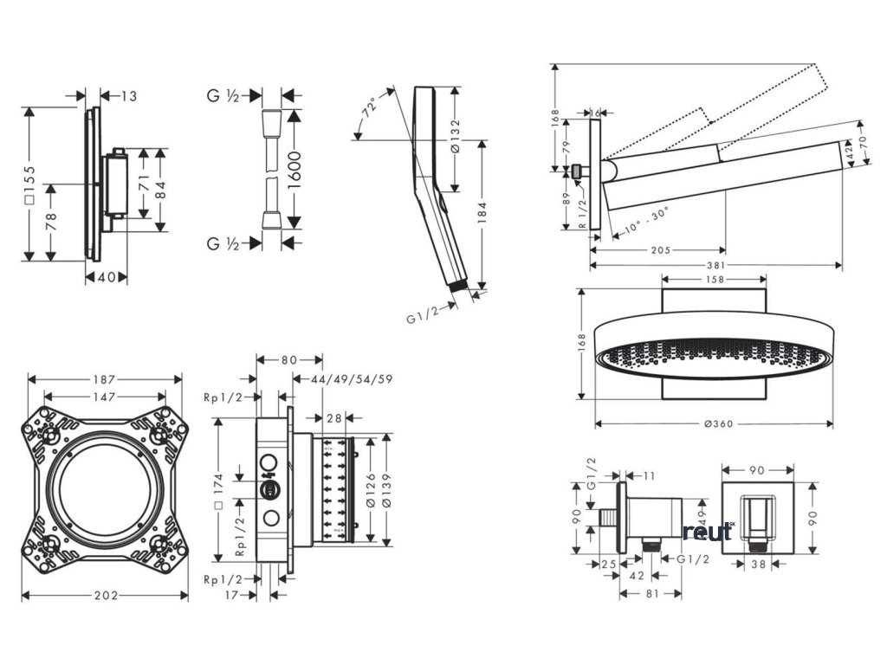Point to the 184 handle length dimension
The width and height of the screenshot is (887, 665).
(x=482, y=212)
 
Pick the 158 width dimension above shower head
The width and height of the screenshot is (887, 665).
(x=715, y=280)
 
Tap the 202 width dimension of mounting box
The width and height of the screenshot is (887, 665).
(x=106, y=596)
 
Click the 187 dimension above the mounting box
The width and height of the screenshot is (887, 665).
(x=106, y=379)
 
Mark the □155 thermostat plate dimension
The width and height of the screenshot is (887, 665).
(x=29, y=184)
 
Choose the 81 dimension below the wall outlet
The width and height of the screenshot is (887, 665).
(x=652, y=593)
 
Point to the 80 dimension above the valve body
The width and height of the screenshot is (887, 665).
(x=288, y=358)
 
